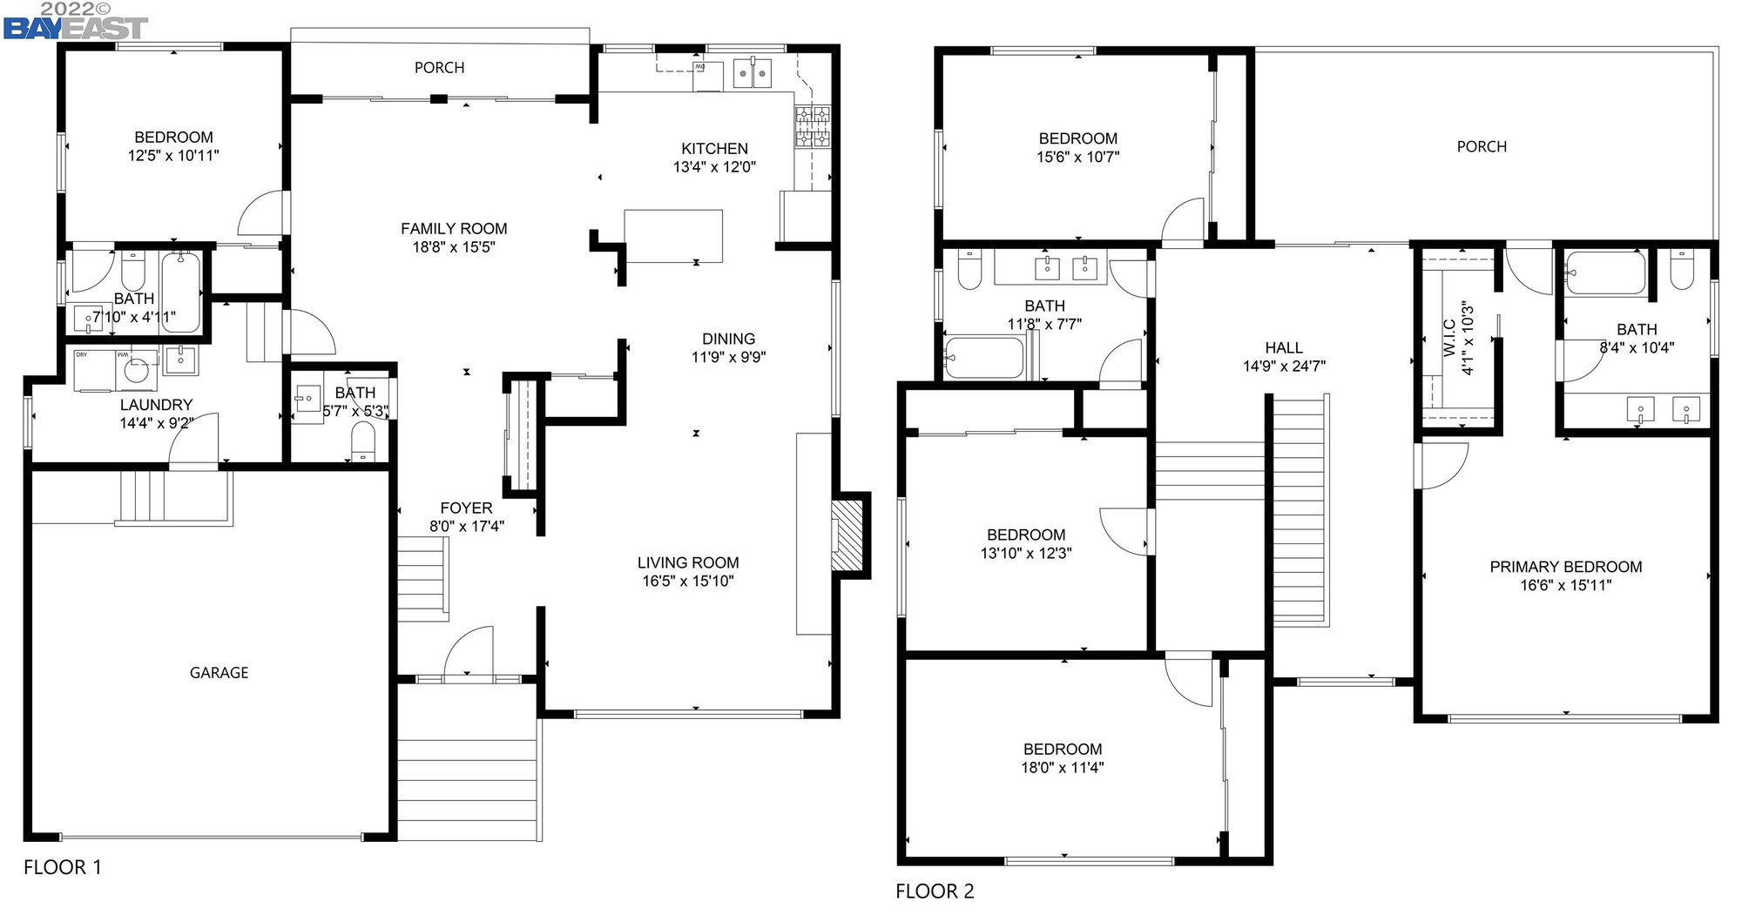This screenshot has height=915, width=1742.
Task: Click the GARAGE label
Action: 219,673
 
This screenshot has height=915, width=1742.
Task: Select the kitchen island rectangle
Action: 673,235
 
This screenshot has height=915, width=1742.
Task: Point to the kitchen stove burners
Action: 812,127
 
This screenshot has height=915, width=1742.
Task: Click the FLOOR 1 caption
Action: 62,867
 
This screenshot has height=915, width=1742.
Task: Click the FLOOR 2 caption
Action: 935,891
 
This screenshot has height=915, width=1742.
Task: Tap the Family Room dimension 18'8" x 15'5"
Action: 454,247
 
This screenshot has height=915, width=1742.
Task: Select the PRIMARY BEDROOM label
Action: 1565,567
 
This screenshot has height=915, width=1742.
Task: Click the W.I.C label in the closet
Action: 1449,338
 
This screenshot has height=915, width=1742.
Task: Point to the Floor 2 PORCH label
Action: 1481,147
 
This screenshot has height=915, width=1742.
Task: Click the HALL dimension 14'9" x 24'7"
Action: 1284,367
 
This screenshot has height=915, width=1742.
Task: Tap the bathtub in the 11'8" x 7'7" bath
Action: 985,358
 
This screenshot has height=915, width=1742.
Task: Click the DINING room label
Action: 728,339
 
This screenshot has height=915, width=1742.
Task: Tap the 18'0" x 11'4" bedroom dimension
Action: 1062,768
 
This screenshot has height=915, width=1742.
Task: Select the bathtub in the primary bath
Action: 1605,274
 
